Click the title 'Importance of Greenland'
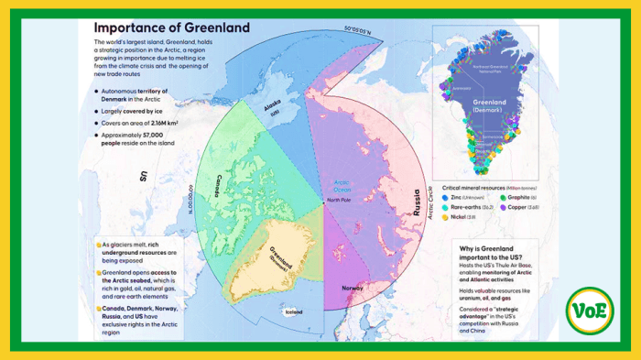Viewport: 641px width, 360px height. coord(171,27)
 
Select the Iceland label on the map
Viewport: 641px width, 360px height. coord(293,311)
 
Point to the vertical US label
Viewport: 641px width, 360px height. coord(143,176)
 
